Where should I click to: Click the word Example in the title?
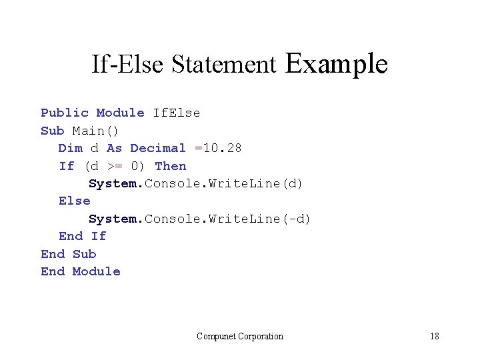click(336, 64)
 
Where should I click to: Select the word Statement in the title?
click(223, 65)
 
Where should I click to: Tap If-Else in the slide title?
click(128, 65)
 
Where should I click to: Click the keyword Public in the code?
click(65, 113)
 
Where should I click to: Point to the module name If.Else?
click(176, 113)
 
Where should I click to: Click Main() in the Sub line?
click(95, 131)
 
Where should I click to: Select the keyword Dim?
click(70, 148)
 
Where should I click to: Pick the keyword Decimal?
click(158, 148)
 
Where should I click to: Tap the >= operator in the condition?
click(115, 166)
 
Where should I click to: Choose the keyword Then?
click(171, 166)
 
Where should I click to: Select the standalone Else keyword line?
click(74, 201)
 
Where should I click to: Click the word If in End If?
click(99, 236)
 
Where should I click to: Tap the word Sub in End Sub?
click(84, 254)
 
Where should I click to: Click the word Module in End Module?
click(96, 271)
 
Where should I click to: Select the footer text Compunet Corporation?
click(240, 336)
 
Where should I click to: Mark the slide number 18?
click(434, 336)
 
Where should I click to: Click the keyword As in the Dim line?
click(114, 148)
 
